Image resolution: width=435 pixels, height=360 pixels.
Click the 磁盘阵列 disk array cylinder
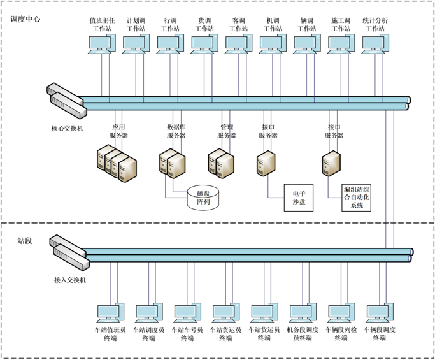(203, 198)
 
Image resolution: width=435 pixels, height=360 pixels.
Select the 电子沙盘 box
(299, 198)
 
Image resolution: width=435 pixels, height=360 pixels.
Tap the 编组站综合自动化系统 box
(357, 198)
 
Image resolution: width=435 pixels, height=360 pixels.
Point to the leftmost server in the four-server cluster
(104, 158)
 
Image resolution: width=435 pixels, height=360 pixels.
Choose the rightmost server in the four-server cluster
(128, 167)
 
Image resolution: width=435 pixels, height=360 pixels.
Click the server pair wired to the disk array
(172, 162)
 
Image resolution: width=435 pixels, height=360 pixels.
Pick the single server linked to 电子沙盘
(266, 163)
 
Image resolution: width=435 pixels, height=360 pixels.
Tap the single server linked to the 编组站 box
(331, 163)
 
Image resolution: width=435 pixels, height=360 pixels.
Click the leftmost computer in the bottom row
(110, 313)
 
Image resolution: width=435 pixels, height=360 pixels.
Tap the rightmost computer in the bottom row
(380, 313)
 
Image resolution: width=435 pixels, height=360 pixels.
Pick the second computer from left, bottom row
(148, 313)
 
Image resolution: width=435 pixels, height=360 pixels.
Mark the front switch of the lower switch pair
(71, 257)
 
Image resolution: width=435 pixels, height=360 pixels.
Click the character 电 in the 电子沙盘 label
(296, 193)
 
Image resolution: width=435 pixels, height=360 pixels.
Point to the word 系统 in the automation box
(357, 206)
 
